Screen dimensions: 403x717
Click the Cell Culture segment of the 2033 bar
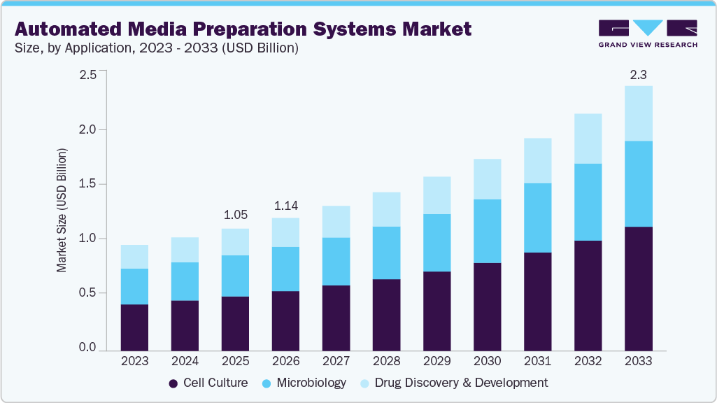pyautogui.click(x=638, y=288)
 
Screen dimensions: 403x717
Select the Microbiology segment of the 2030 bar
pyautogui.click(x=487, y=231)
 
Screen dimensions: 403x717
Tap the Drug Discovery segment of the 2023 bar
pyautogui.click(x=134, y=257)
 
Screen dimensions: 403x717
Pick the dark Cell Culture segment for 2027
pyautogui.click(x=336, y=318)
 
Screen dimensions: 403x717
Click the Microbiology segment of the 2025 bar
pyautogui.click(x=235, y=276)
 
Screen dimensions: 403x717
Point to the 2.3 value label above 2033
pyautogui.click(x=638, y=74)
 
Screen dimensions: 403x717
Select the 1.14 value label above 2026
pyautogui.click(x=285, y=205)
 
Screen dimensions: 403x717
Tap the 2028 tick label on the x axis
pyautogui.click(x=386, y=361)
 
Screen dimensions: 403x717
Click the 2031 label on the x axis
pyautogui.click(x=537, y=361)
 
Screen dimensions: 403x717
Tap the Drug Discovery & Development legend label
pyautogui.click(x=461, y=383)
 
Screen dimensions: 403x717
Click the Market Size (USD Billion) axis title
pyautogui.click(x=62, y=210)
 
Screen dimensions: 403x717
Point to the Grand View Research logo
pyautogui.click(x=648, y=34)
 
